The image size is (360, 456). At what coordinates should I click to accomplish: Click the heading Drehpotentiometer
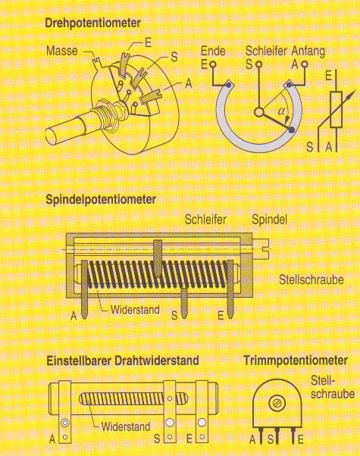[92, 23]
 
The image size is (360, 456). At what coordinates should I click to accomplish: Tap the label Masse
[62, 51]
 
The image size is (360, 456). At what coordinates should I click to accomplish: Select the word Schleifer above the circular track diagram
[266, 51]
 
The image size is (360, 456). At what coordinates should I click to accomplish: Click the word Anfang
[308, 52]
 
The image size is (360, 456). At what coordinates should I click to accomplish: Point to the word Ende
[213, 52]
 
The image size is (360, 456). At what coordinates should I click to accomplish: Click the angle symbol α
[281, 111]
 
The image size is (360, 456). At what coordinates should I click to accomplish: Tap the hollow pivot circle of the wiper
[258, 112]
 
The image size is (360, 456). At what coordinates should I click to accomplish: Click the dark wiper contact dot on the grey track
[291, 130]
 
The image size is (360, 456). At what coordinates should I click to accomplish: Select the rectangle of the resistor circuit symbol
[337, 109]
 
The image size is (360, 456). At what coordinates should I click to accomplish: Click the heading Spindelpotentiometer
[101, 200]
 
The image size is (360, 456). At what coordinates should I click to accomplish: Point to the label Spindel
[269, 220]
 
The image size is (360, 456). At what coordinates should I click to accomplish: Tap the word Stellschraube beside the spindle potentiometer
[311, 280]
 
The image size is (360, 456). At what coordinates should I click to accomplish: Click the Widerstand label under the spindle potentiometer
[135, 309]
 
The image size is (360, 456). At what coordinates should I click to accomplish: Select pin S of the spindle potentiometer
[183, 303]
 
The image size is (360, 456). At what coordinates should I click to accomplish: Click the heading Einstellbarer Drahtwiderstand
[123, 361]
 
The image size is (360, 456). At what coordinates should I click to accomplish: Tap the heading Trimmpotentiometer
[296, 361]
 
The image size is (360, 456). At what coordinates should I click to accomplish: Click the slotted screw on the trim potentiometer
[277, 404]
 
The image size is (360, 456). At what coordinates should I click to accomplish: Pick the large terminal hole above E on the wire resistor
[202, 422]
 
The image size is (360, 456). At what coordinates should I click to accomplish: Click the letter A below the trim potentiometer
[252, 439]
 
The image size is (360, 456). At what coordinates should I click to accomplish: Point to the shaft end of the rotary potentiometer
[52, 136]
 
